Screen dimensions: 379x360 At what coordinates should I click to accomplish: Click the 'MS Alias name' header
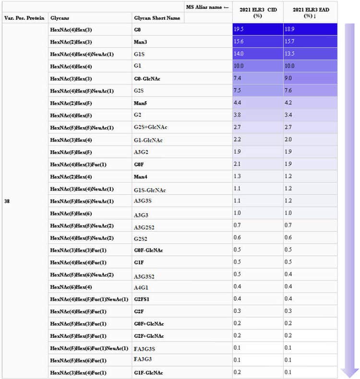(207, 7)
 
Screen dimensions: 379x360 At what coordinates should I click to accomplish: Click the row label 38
(7, 201)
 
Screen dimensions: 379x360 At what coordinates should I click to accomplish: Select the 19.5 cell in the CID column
(258, 30)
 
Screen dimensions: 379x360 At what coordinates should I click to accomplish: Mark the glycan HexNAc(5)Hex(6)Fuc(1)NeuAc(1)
(89, 348)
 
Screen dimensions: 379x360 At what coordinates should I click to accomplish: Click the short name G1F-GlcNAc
(148, 373)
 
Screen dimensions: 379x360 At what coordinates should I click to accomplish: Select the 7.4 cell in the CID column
(258, 78)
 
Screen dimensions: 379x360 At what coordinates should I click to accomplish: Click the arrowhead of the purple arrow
(350, 372)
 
